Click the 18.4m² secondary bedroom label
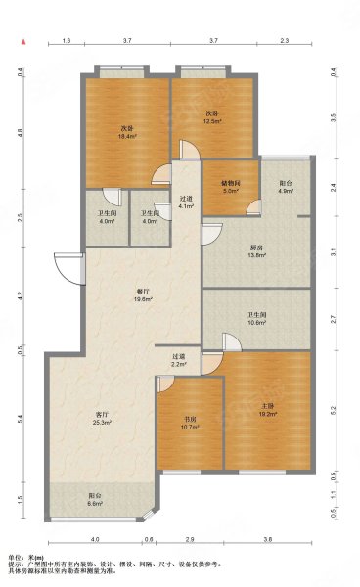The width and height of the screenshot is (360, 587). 126,131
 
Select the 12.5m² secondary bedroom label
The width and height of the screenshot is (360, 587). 211,118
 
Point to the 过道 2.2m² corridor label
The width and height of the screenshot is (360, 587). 179,361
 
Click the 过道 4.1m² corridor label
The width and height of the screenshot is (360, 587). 186,203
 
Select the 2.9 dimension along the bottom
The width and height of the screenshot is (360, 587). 190,539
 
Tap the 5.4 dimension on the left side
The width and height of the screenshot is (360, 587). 19,417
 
